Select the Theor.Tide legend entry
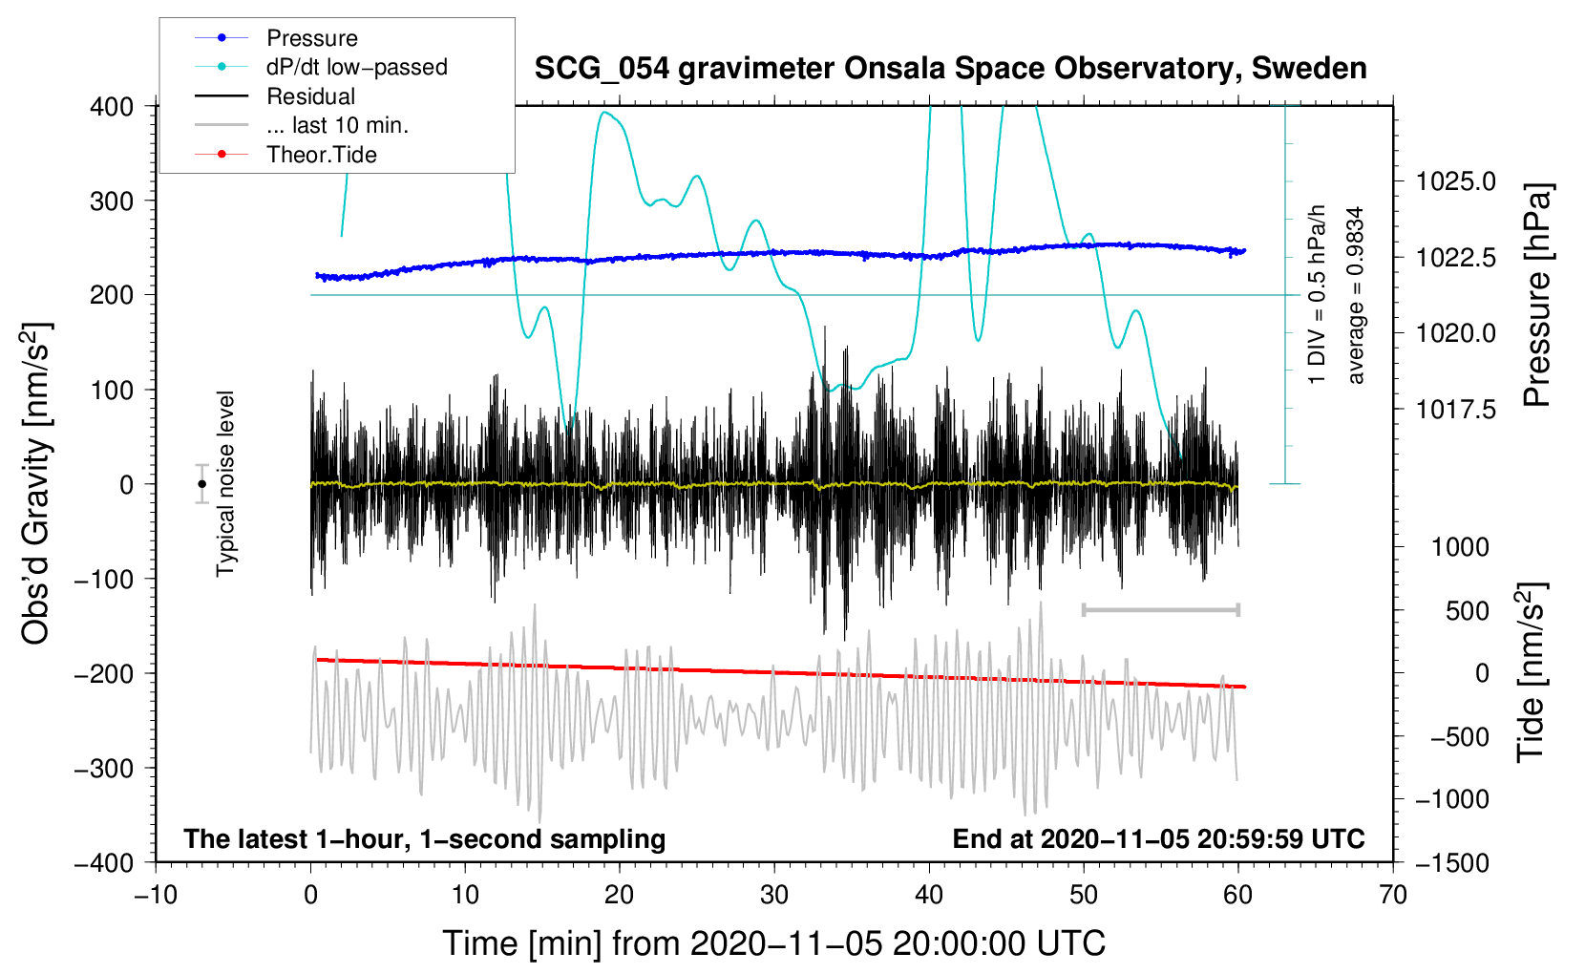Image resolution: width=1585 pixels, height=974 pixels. point(321,155)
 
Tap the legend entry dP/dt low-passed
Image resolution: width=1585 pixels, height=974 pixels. point(356,67)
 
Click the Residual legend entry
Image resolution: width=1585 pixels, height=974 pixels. point(310,96)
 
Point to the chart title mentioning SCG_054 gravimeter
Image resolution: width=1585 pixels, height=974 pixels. point(950,69)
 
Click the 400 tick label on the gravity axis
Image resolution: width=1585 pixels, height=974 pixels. point(112,107)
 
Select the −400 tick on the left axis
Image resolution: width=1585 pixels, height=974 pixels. point(105,862)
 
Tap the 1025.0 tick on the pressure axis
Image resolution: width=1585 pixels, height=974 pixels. point(1456,181)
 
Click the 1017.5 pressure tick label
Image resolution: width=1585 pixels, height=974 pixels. point(1456,410)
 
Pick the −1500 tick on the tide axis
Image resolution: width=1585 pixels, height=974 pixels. point(1451,862)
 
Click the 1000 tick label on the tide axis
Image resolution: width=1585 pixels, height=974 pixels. point(1460,547)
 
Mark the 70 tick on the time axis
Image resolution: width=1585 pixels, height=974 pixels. point(1393,896)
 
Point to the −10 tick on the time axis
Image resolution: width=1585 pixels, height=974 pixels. point(156,896)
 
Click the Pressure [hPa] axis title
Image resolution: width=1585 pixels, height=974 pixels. point(1536,296)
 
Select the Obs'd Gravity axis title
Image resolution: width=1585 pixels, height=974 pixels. point(35,483)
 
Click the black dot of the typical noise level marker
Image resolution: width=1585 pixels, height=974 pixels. point(201,484)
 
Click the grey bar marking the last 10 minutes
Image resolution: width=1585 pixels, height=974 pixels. point(1160,609)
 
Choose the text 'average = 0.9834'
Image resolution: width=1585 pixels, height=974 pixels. point(1356,296)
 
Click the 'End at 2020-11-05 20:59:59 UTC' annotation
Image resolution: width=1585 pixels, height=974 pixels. point(1158,839)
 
